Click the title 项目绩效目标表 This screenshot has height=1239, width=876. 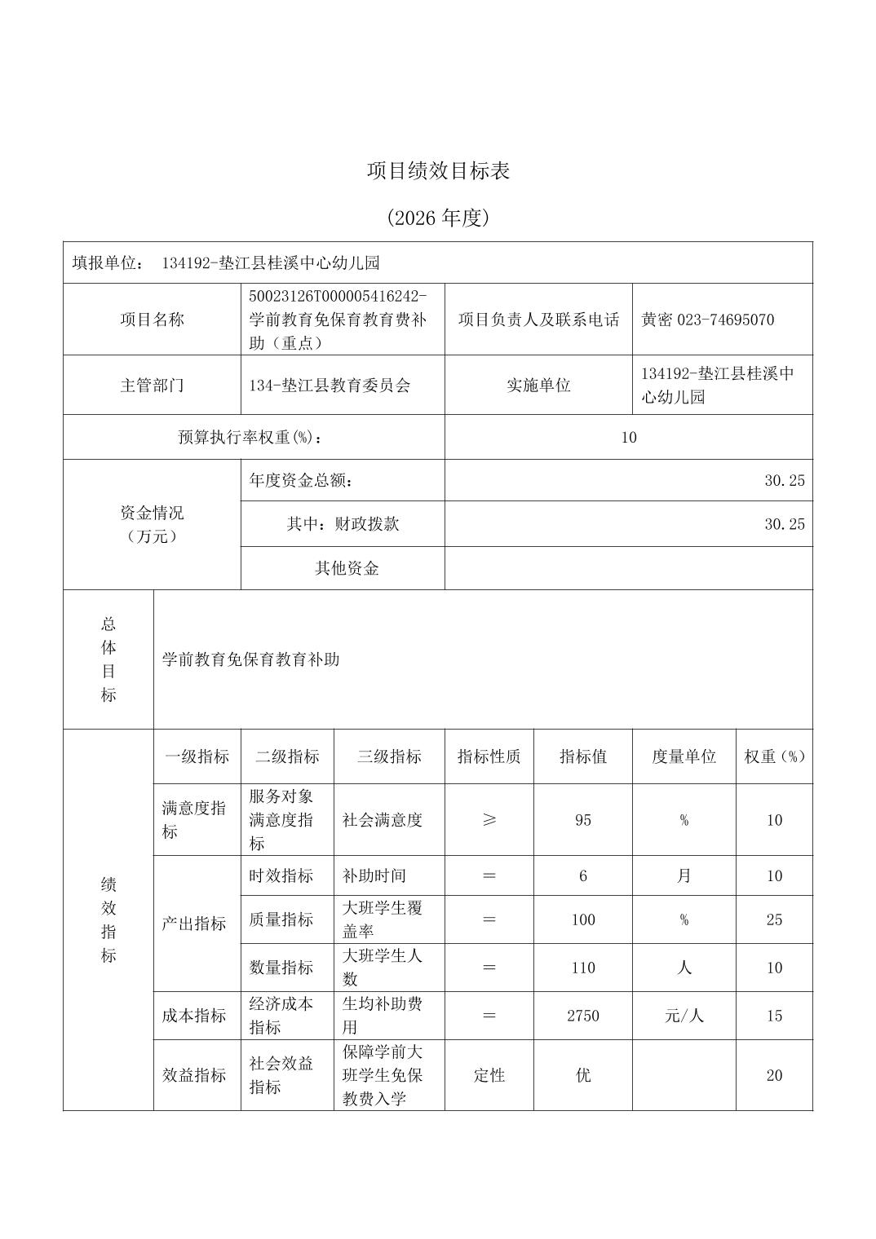[438, 171]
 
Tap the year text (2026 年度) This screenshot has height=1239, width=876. [438, 218]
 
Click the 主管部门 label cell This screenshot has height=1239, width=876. [152, 385]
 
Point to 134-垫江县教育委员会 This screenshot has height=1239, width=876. [330, 385]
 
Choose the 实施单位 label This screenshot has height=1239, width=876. [538, 385]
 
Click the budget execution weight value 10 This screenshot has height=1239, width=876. [628, 437]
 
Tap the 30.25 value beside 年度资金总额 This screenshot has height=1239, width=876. [784, 480]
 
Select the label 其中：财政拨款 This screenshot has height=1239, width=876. [343, 523]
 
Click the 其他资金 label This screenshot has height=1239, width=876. [347, 568]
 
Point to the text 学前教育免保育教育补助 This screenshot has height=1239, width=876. [250, 659]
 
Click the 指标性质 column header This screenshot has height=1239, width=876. [489, 756]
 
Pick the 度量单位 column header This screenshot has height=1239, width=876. [684, 756]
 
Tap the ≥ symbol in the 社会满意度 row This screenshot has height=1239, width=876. [489, 820]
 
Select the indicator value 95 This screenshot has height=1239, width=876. [582, 820]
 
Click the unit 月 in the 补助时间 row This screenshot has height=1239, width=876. [684, 875]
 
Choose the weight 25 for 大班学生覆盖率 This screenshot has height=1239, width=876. [774, 919]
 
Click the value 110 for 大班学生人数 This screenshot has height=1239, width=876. [582, 968]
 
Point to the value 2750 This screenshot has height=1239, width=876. [582, 1016]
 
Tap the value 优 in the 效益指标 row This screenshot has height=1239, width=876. [582, 1075]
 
